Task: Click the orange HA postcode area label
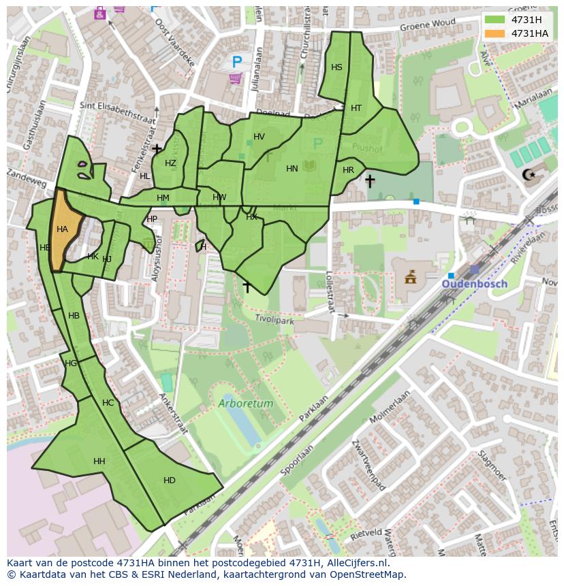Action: pyautogui.click(x=62, y=229)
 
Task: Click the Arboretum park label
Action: pyautogui.click(x=246, y=404)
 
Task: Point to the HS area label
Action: pyautogui.click(x=336, y=67)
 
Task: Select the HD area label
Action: pyautogui.click(x=170, y=481)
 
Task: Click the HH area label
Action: pyautogui.click(x=99, y=461)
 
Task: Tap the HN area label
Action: pyautogui.click(x=292, y=169)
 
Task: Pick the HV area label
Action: pyautogui.click(x=259, y=137)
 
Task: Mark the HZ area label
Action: pyautogui.click(x=170, y=163)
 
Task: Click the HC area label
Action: pyautogui.click(x=108, y=403)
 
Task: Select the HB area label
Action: pyautogui.click(x=74, y=316)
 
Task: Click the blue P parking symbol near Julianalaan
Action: pyautogui.click(x=236, y=62)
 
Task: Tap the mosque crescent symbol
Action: pyautogui.click(x=529, y=175)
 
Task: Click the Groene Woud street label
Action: pyautogui.click(x=426, y=23)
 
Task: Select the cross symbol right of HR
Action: pyautogui.click(x=369, y=181)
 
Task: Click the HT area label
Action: pyautogui.click(x=356, y=108)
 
